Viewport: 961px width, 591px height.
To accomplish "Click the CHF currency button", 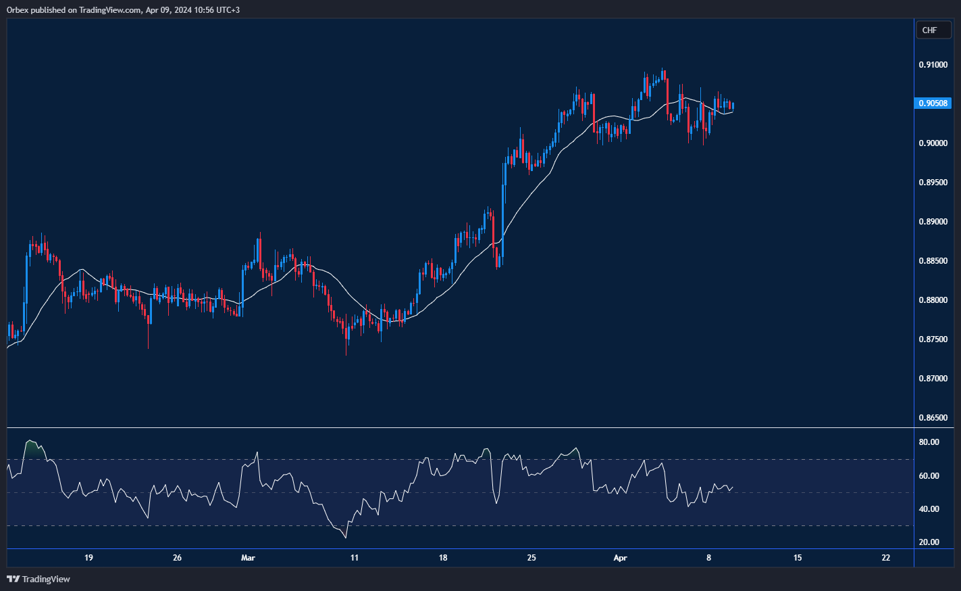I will [x=930, y=30].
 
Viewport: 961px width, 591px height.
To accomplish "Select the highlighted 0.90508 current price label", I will [x=933, y=103].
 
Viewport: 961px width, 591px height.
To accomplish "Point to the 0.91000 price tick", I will [x=933, y=65].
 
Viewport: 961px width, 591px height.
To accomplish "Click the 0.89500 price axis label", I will [x=933, y=183].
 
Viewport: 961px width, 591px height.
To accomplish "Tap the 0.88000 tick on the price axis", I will [x=933, y=300].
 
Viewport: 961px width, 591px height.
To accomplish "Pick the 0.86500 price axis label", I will [x=933, y=418].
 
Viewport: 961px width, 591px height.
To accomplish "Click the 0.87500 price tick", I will [x=933, y=339].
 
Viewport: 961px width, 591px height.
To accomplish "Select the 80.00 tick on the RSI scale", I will [x=929, y=442].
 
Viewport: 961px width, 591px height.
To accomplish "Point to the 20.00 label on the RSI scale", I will [x=929, y=542].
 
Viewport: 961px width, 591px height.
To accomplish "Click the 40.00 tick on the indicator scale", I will [x=929, y=509].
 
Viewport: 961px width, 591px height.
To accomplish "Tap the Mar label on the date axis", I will [x=248, y=558].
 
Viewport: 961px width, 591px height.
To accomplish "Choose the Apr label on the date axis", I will [x=620, y=558].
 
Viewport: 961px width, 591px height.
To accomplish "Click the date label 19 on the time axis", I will [x=88, y=558].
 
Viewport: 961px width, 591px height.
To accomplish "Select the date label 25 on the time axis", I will [x=531, y=558].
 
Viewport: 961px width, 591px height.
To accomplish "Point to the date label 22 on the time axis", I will [x=886, y=558].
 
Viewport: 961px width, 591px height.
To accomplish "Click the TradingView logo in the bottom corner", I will [x=38, y=579].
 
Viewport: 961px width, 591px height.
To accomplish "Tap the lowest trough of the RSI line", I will [x=346, y=538].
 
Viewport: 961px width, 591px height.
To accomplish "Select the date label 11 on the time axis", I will [x=354, y=558].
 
